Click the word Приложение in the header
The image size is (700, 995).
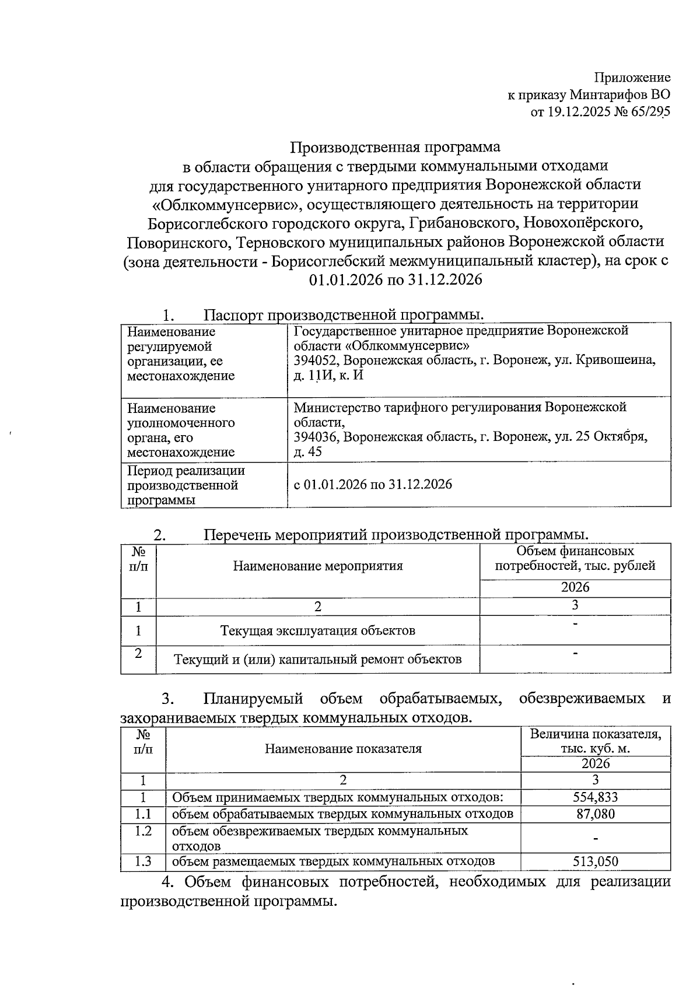(632, 78)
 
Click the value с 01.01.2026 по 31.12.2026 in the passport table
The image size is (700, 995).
(373, 485)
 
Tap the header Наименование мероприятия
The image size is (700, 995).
(318, 566)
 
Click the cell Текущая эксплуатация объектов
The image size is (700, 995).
(318, 630)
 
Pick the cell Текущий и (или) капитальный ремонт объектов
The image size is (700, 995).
(318, 660)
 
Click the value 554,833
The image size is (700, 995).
(595, 797)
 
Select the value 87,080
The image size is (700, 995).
(595, 814)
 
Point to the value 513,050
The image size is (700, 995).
(595, 861)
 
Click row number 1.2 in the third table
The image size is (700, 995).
(143, 831)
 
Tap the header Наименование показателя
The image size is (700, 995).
(343, 749)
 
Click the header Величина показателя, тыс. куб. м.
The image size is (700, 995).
(595, 741)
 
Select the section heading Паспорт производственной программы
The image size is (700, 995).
(344, 316)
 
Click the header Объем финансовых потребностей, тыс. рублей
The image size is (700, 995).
(575, 558)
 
